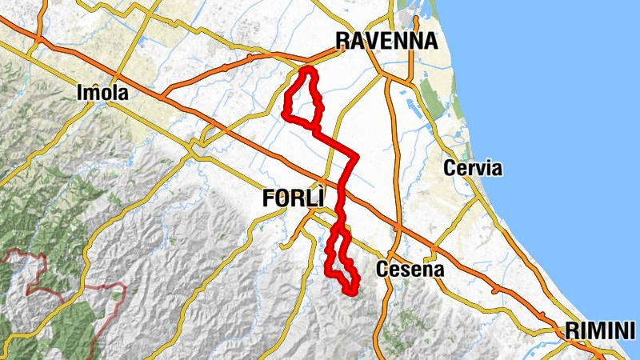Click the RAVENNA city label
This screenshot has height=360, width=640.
coord(386,41)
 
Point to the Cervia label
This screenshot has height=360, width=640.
coord(472,169)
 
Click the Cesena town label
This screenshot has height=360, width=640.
coord(410,269)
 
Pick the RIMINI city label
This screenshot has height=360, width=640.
coord(599,330)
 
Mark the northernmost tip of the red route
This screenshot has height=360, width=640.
coord(307,70)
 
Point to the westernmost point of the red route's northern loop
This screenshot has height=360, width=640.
coord(285,114)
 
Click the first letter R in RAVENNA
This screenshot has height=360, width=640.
coord(342,41)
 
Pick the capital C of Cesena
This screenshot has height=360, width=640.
coord(383,269)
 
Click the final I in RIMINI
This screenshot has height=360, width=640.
coord(631,330)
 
